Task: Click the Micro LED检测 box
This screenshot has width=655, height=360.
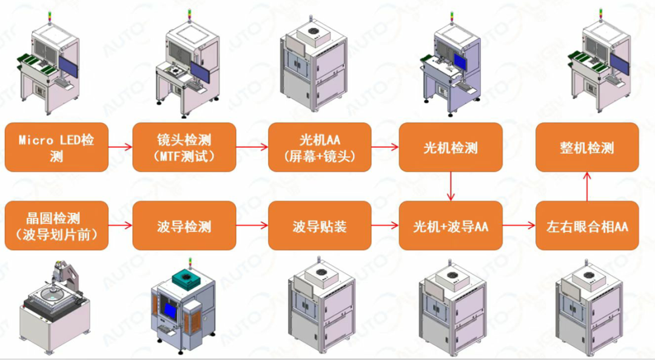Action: tap(56, 147)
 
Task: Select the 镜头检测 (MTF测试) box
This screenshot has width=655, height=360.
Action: tap(184, 147)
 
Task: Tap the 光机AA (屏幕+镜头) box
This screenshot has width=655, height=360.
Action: tap(320, 147)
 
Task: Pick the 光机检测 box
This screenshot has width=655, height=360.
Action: tap(450, 147)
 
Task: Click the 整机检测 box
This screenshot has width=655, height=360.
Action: tap(586, 147)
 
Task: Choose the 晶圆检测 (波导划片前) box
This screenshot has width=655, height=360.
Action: tap(56, 225)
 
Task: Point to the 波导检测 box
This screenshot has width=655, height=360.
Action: tap(184, 225)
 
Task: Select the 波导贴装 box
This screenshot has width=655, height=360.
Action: tap(320, 225)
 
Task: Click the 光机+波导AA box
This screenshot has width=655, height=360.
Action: tap(450, 225)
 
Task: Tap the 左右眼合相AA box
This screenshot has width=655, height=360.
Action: tap(586, 225)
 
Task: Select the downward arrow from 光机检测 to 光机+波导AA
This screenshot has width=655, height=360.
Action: tap(450, 186)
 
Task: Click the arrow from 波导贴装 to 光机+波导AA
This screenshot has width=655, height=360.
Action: tap(385, 225)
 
